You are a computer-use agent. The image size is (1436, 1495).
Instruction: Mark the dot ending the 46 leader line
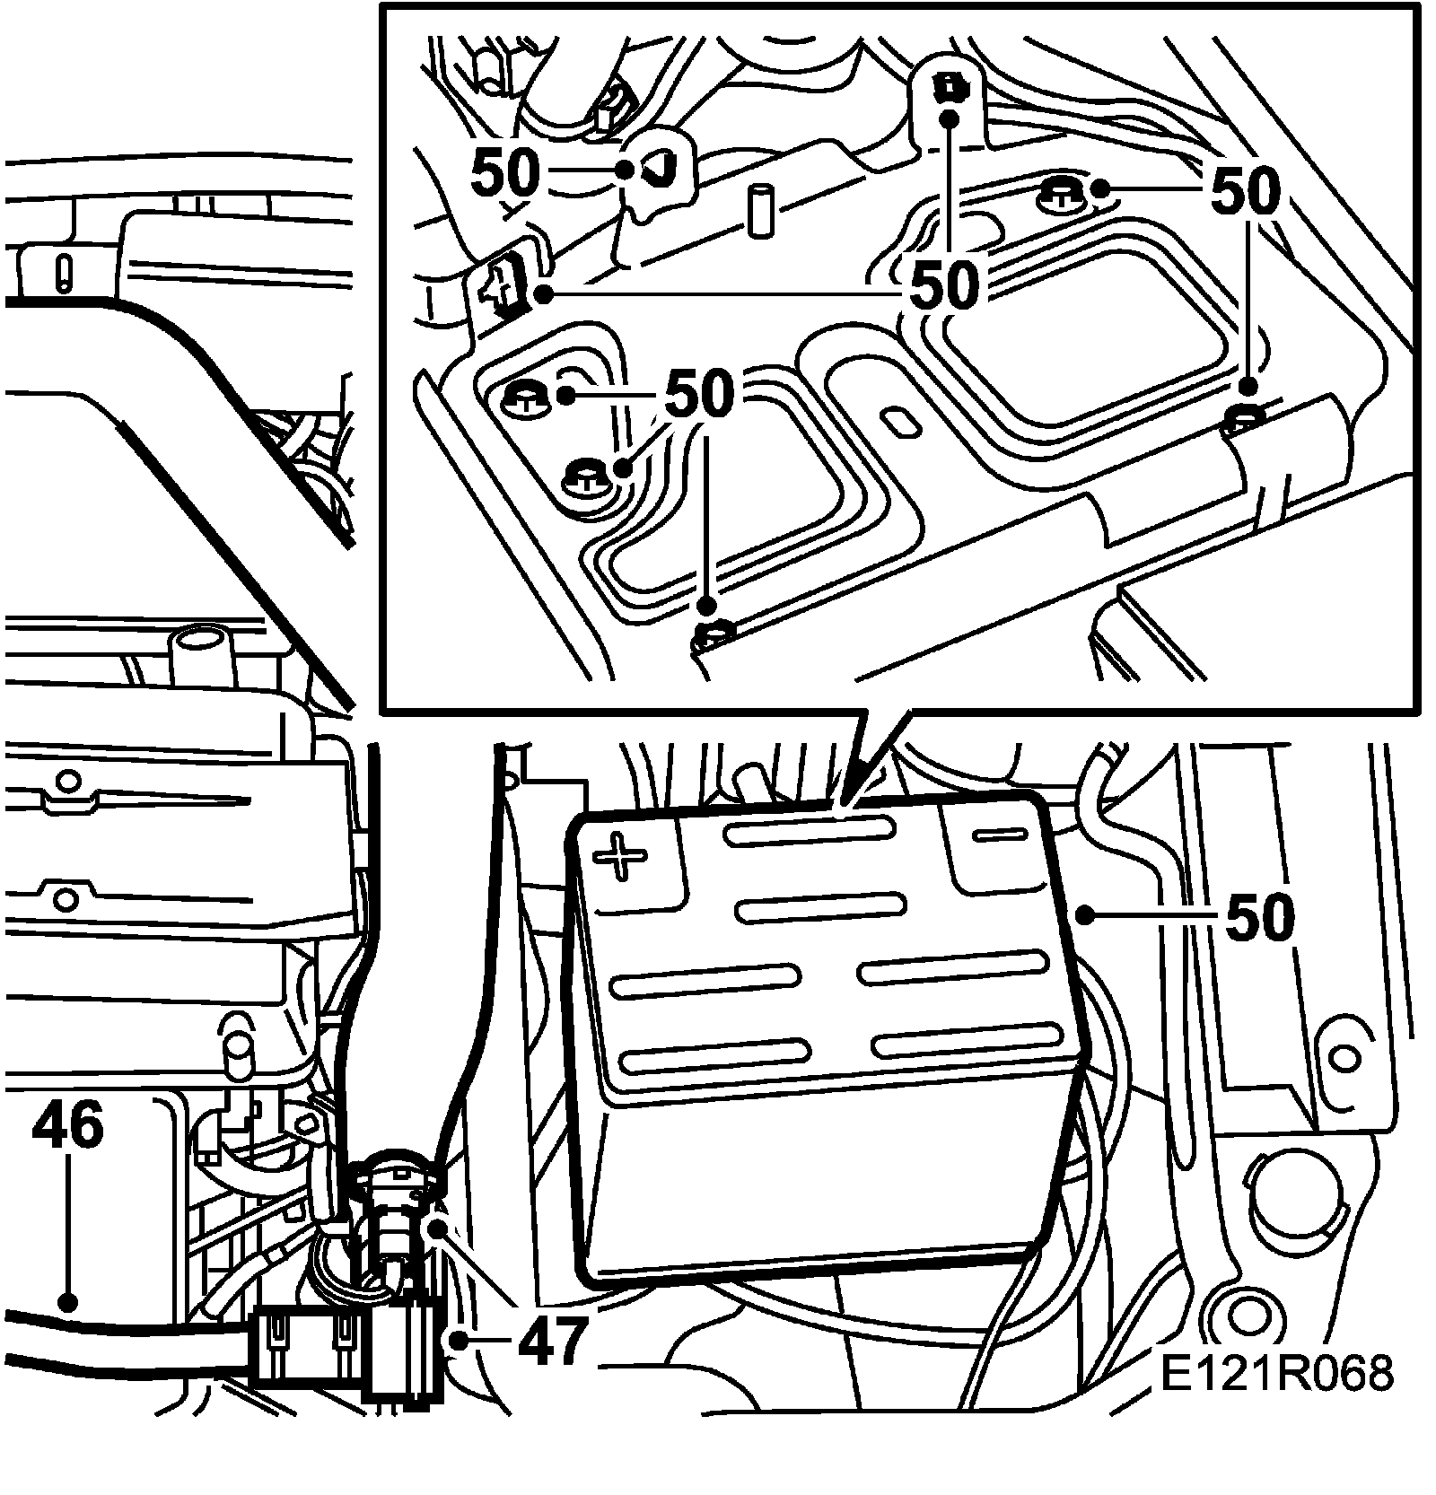point(65,1299)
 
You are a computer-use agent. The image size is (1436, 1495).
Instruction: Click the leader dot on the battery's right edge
point(1084,914)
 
